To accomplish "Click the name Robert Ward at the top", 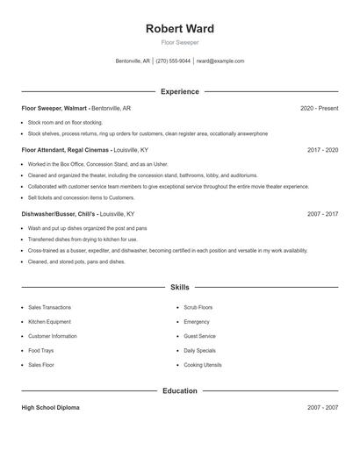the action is coord(180,29).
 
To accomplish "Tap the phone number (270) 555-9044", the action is coord(174,61).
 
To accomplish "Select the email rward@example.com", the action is coord(220,61).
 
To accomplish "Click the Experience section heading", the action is coord(180,91).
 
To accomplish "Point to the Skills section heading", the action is coord(180,287).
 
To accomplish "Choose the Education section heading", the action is coord(180,390).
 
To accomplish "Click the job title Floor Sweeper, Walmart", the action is coord(55,108).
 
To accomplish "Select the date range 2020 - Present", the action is coord(319,108).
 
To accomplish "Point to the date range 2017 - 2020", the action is coord(322,150).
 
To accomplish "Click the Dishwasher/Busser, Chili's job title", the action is coord(59,213).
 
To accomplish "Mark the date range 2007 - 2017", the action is coord(322,213).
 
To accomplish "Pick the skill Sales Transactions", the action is coord(49,308).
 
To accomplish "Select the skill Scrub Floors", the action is coord(198,308).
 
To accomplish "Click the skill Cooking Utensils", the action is coord(203,364).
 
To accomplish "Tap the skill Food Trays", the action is coord(41,350).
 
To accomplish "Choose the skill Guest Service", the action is coord(199,336).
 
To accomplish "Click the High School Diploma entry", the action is coord(52,408).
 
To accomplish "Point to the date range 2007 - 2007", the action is coord(322,408).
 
